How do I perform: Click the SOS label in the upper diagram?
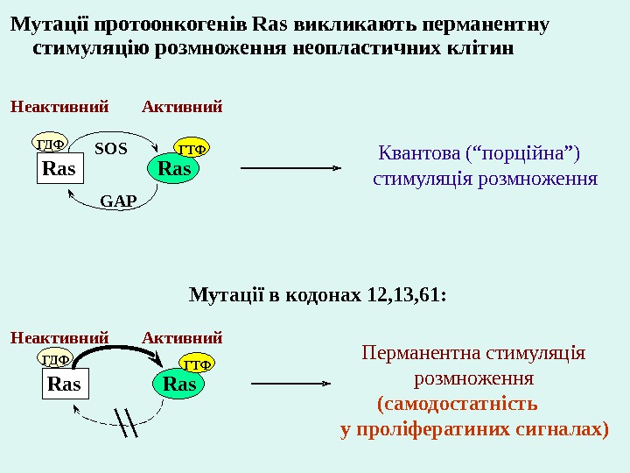(111, 149)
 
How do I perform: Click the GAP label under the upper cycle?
(119, 201)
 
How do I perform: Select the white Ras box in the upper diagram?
(59, 168)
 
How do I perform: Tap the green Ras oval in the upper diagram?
(174, 168)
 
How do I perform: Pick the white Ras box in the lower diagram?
(64, 384)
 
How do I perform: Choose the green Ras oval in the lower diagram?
(180, 384)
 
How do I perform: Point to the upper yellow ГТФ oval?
(192, 147)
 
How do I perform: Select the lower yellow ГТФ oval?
(197, 363)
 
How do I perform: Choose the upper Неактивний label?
(59, 108)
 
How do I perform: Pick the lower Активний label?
(182, 337)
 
